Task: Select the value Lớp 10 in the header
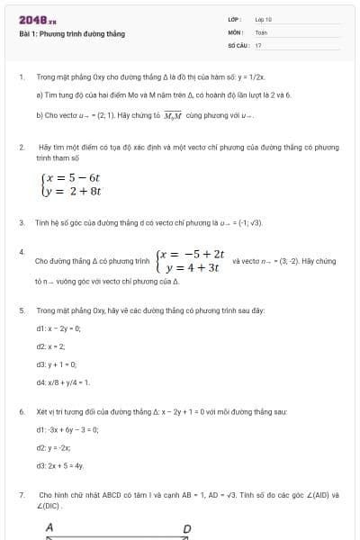coord(263,19)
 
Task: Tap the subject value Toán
coord(261,31)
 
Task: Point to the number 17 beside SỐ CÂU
coord(258,44)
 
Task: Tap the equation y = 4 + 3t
coord(193,267)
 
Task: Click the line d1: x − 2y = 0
coord(58,328)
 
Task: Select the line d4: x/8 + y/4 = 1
coord(62,382)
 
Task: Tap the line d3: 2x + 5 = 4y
coord(59,465)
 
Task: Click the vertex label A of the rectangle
coord(49,527)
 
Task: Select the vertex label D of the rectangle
coord(187,528)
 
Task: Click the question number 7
coord(21,495)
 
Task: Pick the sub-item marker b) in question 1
coord(40,115)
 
